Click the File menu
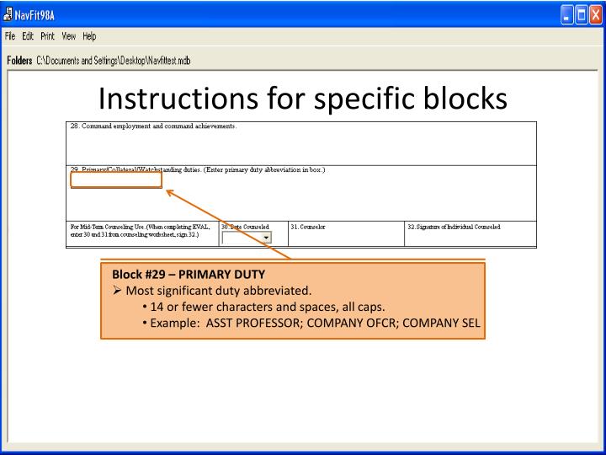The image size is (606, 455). click(x=11, y=36)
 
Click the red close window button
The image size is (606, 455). click(x=595, y=12)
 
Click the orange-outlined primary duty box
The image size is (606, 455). click(x=116, y=179)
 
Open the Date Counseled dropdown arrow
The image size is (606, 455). click(x=266, y=238)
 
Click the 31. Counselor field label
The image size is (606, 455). click(x=308, y=227)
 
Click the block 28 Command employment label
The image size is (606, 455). click(x=153, y=126)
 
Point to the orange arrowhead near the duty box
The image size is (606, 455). click(x=170, y=193)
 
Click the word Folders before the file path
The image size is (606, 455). click(x=19, y=61)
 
